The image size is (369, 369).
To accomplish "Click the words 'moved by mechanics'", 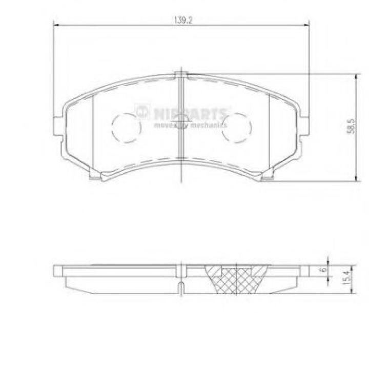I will (x=190, y=124).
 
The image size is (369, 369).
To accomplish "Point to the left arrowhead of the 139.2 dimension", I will (x=57, y=25).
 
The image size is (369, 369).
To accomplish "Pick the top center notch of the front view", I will (x=181, y=75).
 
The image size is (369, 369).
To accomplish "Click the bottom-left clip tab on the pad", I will (x=94, y=178).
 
